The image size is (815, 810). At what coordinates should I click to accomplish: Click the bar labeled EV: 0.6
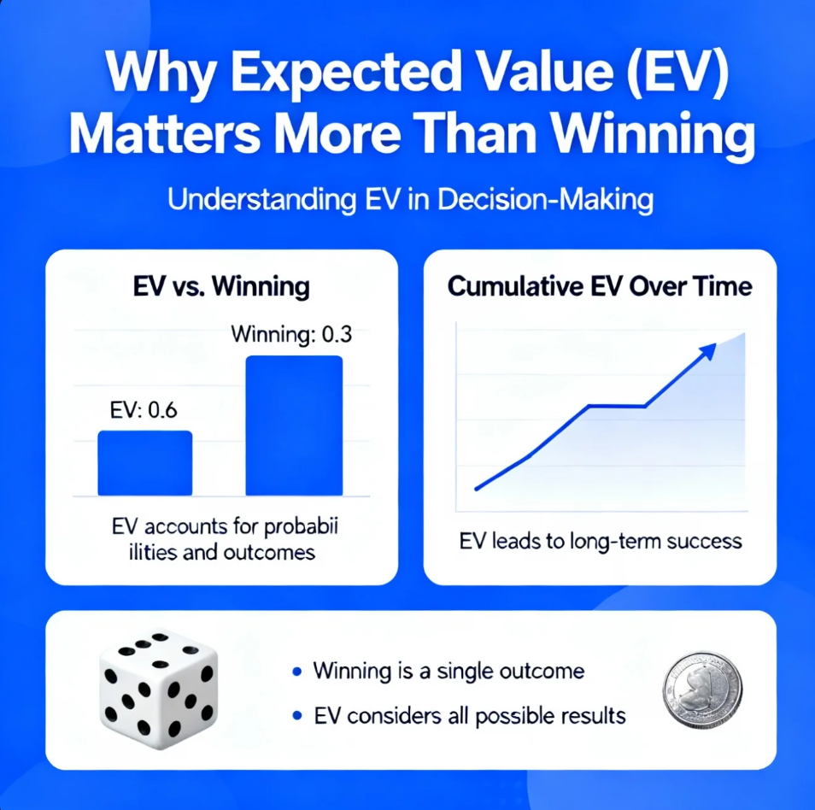(145, 462)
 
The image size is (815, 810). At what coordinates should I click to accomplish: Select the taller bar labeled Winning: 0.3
(294, 425)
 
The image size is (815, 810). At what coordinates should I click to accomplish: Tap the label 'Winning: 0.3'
(291, 334)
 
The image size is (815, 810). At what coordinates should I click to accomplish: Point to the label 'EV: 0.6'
(144, 410)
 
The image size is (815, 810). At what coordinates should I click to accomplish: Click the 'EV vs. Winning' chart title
(221, 286)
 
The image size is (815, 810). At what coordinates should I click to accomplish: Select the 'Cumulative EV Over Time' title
(600, 286)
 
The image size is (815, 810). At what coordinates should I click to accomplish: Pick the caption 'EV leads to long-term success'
(601, 541)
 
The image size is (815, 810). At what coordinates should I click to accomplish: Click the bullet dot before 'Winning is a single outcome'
(296, 672)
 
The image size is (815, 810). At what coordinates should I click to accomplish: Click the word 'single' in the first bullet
(467, 671)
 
